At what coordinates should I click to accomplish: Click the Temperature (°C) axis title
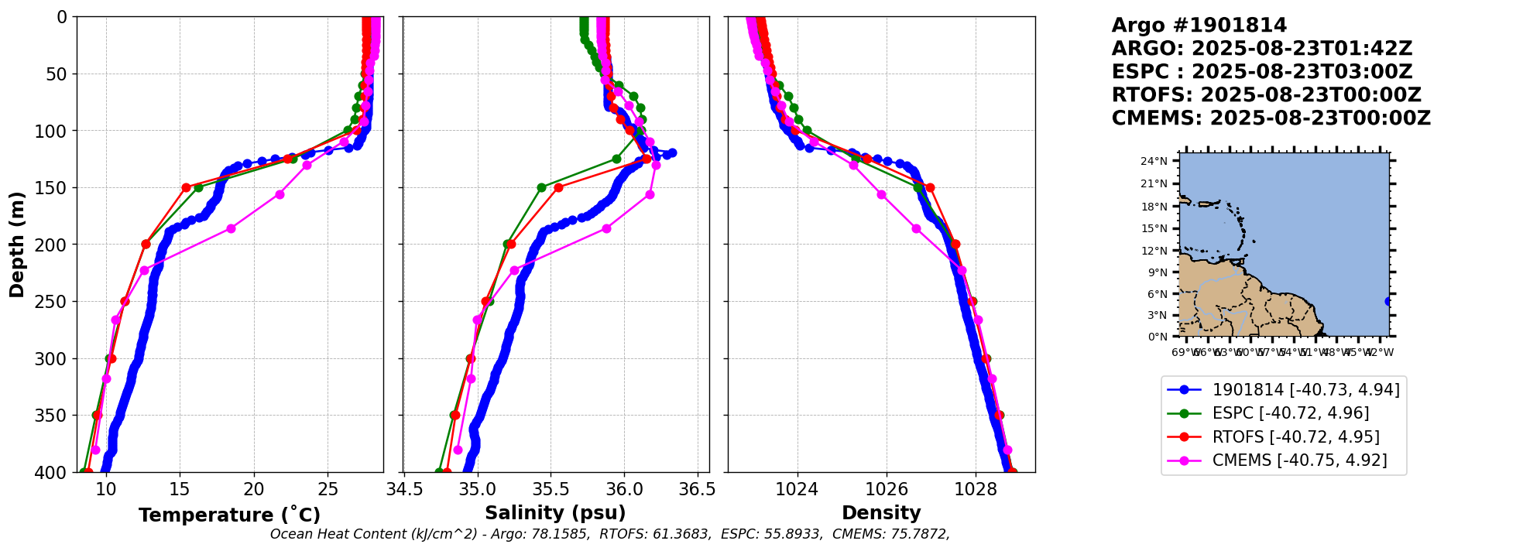click(x=229, y=515)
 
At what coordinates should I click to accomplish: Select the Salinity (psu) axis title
click(x=555, y=513)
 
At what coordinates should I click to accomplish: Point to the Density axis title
click(x=881, y=513)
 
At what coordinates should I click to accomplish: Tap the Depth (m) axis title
click(x=17, y=245)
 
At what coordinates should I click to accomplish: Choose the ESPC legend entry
click(x=1290, y=413)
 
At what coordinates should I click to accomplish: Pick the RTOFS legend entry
click(x=1295, y=437)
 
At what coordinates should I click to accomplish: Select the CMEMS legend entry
click(x=1299, y=460)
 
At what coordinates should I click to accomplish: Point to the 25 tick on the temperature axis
click(x=328, y=489)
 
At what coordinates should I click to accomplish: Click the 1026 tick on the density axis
click(x=886, y=489)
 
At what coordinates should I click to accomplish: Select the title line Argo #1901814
click(x=1199, y=26)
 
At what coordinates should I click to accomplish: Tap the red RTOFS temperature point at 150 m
click(x=186, y=187)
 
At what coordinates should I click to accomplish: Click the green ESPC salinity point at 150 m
click(x=541, y=187)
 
